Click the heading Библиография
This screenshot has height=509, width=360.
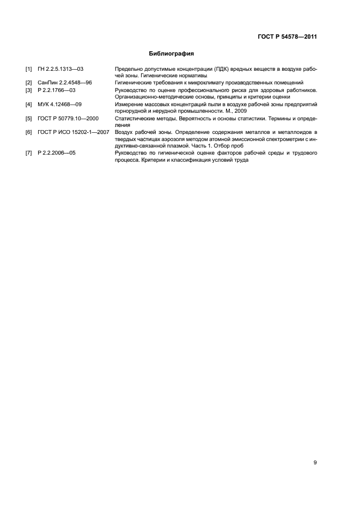tap(172, 54)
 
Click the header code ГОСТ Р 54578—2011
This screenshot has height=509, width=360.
tap(287, 37)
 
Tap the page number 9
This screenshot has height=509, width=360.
tap(315, 463)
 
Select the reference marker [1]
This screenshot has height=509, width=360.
tap(29, 69)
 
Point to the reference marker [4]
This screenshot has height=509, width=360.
tap(29, 103)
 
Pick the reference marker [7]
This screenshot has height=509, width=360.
tap(29, 154)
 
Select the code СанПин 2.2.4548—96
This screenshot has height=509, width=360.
tap(64, 82)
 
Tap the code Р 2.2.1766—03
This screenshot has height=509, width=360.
tap(57, 89)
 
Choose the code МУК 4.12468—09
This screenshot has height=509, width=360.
tap(59, 103)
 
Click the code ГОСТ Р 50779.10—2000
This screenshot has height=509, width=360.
tap(68, 118)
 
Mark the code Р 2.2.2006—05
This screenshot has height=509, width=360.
tap(57, 154)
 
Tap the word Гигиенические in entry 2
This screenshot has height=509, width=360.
tap(133, 82)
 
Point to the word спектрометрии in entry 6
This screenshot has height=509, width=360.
tap(285, 139)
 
